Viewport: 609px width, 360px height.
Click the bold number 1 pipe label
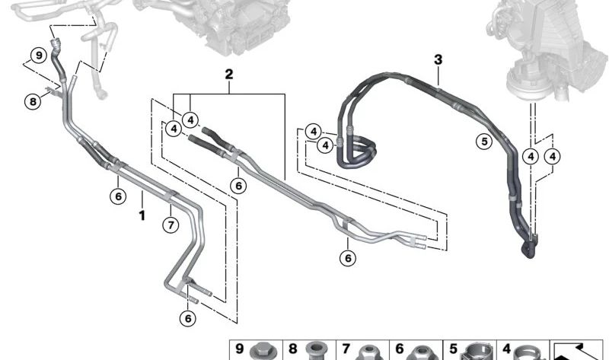click(x=142, y=215)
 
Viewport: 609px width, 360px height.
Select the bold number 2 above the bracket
click(x=229, y=74)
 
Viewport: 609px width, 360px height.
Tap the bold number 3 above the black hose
click(x=438, y=60)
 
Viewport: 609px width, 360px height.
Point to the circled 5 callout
click(x=484, y=141)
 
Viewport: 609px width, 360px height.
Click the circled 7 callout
click(x=171, y=225)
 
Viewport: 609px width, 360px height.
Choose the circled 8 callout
click(x=33, y=102)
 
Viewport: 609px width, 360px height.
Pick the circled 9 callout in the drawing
click(x=39, y=55)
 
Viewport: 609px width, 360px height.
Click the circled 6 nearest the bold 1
click(x=118, y=196)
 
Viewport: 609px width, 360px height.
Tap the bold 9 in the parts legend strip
click(x=239, y=349)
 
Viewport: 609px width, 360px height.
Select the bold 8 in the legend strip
click(x=293, y=349)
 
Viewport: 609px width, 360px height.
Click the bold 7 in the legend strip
click(x=346, y=349)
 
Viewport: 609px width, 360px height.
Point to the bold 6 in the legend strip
click(x=399, y=349)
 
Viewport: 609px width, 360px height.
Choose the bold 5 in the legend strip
click(x=453, y=349)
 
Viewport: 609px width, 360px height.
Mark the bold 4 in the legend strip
click(x=506, y=349)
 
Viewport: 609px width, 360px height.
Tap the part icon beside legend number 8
click(x=315, y=352)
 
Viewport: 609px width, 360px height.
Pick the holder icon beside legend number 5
click(x=477, y=352)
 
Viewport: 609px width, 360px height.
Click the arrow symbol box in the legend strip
click(x=576, y=351)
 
